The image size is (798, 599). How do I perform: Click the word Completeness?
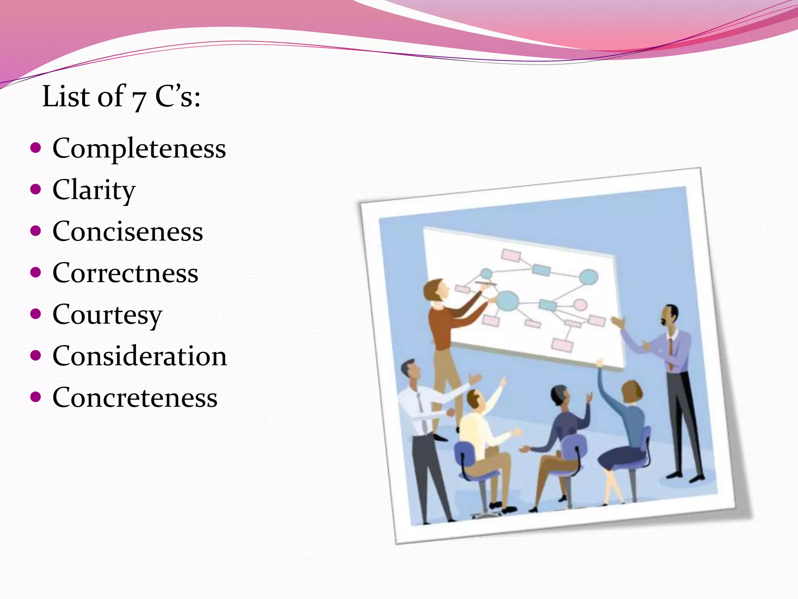pyautogui.click(x=139, y=149)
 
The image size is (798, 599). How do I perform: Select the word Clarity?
pyautogui.click(x=94, y=190)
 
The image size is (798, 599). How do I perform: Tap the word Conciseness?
pyautogui.click(x=128, y=232)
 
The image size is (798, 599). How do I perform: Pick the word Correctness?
pyautogui.click(x=125, y=273)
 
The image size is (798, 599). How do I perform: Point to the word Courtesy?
pyautogui.click(x=107, y=315)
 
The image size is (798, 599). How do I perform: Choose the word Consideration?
pyautogui.click(x=139, y=356)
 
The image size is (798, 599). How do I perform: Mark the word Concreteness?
pyautogui.click(x=135, y=398)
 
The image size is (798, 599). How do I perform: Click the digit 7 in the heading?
pyautogui.click(x=138, y=99)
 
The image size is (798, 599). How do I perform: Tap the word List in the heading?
pyautogui.click(x=67, y=96)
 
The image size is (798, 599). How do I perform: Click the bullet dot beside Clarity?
pyautogui.click(x=35, y=190)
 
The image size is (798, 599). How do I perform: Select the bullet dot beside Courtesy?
pyautogui.click(x=35, y=314)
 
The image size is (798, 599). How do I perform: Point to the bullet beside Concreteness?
pyautogui.click(x=35, y=397)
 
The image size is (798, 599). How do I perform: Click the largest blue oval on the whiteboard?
pyautogui.click(x=507, y=301)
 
